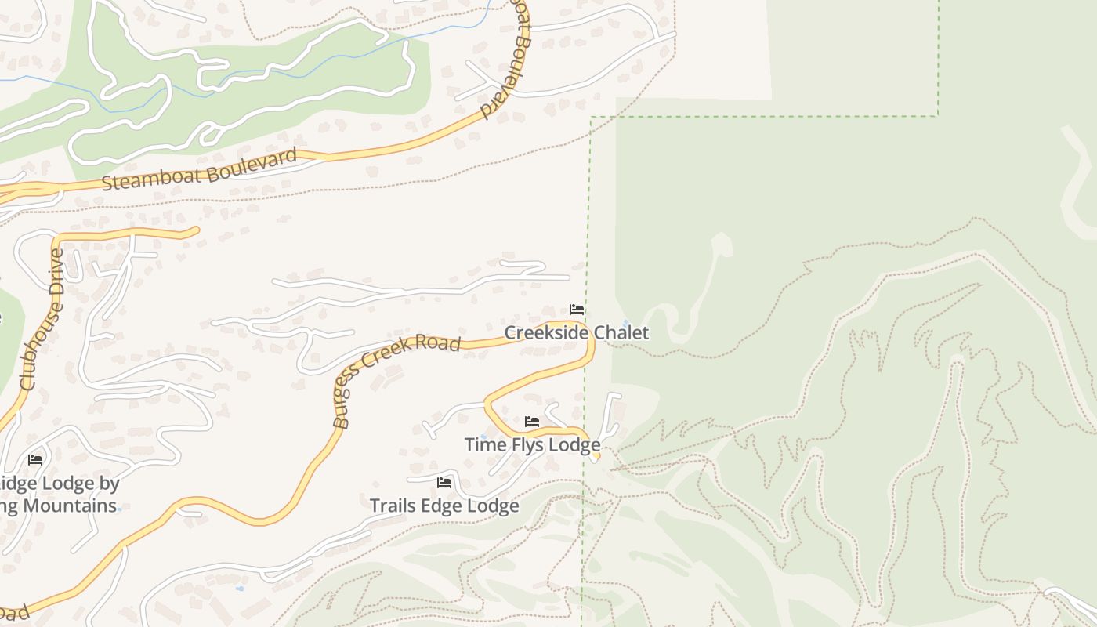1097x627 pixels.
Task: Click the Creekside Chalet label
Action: [576, 332]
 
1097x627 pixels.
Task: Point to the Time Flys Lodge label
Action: [532, 444]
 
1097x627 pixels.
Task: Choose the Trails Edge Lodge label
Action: [444, 506]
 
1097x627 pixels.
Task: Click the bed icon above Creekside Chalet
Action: [577, 310]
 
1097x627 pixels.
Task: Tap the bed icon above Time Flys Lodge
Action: [532, 422]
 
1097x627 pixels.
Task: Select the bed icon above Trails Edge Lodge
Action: [445, 483]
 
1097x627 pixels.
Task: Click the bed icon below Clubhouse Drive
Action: [35, 460]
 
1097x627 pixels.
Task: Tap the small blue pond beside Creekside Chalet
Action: [625, 323]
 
